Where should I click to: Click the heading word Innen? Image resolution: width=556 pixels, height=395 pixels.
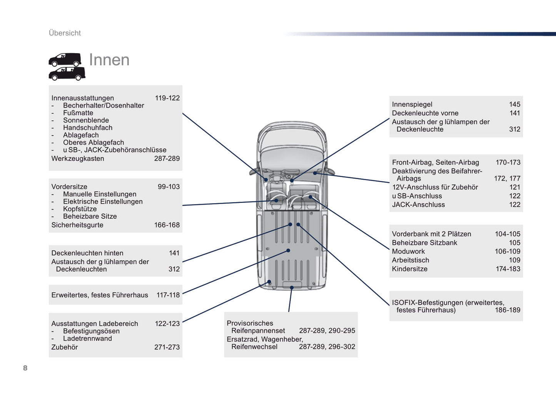(x=109, y=60)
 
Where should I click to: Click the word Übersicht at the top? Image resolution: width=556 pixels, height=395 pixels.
(x=65, y=33)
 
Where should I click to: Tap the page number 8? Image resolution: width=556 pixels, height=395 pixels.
(x=25, y=368)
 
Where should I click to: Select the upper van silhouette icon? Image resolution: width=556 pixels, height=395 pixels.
(x=65, y=59)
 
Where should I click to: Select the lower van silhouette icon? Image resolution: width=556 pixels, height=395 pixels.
(x=67, y=74)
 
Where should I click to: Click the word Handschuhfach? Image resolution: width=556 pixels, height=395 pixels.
(x=88, y=128)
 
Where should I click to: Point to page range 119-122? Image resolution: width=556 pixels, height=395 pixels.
(x=167, y=98)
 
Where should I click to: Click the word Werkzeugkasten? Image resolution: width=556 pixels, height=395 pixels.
(x=78, y=159)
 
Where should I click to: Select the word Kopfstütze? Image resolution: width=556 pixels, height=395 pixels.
(x=80, y=209)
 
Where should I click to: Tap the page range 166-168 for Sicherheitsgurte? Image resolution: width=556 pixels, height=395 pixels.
(x=167, y=225)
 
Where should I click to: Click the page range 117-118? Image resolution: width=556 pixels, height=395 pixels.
(x=168, y=295)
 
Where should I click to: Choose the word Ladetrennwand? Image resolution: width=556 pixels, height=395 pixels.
(x=87, y=339)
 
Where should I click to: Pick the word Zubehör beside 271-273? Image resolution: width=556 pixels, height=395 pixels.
(x=65, y=347)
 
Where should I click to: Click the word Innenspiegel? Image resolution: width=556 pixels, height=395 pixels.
(x=412, y=104)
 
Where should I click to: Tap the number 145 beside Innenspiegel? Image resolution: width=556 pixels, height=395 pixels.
(x=514, y=104)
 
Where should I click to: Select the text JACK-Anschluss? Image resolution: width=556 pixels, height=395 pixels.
(x=418, y=205)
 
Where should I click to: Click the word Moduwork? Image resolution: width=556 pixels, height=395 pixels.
(x=408, y=251)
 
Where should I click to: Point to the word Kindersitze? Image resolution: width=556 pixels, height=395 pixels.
(x=409, y=269)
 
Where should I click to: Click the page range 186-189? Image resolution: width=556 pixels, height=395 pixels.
(x=507, y=310)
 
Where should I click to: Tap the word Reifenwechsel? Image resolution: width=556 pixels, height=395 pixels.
(x=254, y=347)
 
